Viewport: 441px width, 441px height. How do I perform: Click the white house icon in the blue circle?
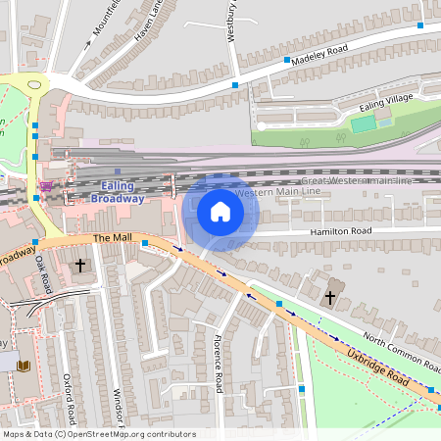220,211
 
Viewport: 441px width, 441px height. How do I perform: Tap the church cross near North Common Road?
330,296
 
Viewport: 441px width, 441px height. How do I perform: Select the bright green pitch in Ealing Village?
363,123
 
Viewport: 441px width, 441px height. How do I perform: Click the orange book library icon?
24,366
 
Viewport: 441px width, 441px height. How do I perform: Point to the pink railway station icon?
45,185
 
